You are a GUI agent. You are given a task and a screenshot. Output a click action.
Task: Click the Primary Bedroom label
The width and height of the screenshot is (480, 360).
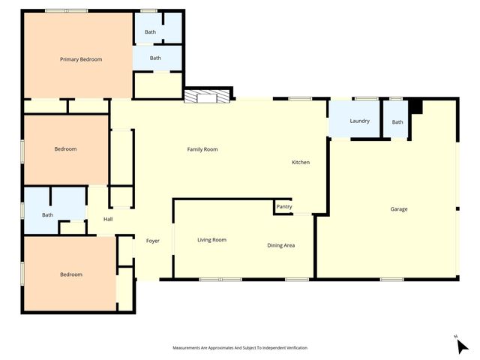coord(81,59)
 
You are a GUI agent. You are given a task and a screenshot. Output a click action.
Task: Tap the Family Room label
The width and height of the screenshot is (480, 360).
coord(202,149)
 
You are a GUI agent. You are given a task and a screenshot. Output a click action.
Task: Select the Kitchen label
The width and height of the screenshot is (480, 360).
coord(301,162)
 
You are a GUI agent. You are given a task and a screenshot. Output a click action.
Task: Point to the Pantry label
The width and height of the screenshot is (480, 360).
coord(284,207)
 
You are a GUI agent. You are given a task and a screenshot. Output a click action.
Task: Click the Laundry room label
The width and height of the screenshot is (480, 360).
coord(359,121)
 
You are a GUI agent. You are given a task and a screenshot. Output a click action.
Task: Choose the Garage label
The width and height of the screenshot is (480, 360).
coord(399,209)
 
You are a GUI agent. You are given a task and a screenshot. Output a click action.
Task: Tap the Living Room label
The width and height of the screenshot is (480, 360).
coord(211,240)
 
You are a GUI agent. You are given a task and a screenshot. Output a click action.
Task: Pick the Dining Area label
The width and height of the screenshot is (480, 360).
coord(280,245)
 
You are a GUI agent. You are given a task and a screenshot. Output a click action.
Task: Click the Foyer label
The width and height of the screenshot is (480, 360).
coord(152,241)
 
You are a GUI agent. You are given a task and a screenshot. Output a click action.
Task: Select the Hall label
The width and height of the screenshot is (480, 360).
coord(108,219)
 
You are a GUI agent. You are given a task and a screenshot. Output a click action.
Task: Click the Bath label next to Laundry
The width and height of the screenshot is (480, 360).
coord(397,122)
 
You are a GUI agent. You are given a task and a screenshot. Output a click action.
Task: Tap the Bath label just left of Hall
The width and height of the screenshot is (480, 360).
coord(47,215)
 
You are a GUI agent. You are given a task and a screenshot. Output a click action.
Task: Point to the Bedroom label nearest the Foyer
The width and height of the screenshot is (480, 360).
coord(70,274)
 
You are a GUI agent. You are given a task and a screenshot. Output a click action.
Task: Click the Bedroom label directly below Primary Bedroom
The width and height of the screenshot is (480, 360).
coord(65,149)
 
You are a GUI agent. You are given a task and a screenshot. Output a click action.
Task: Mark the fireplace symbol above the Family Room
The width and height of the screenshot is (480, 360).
coord(205,97)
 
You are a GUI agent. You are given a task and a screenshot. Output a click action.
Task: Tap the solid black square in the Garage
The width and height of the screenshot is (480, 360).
coord(416,107)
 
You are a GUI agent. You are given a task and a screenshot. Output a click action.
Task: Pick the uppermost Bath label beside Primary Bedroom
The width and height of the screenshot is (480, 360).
coord(150,32)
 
